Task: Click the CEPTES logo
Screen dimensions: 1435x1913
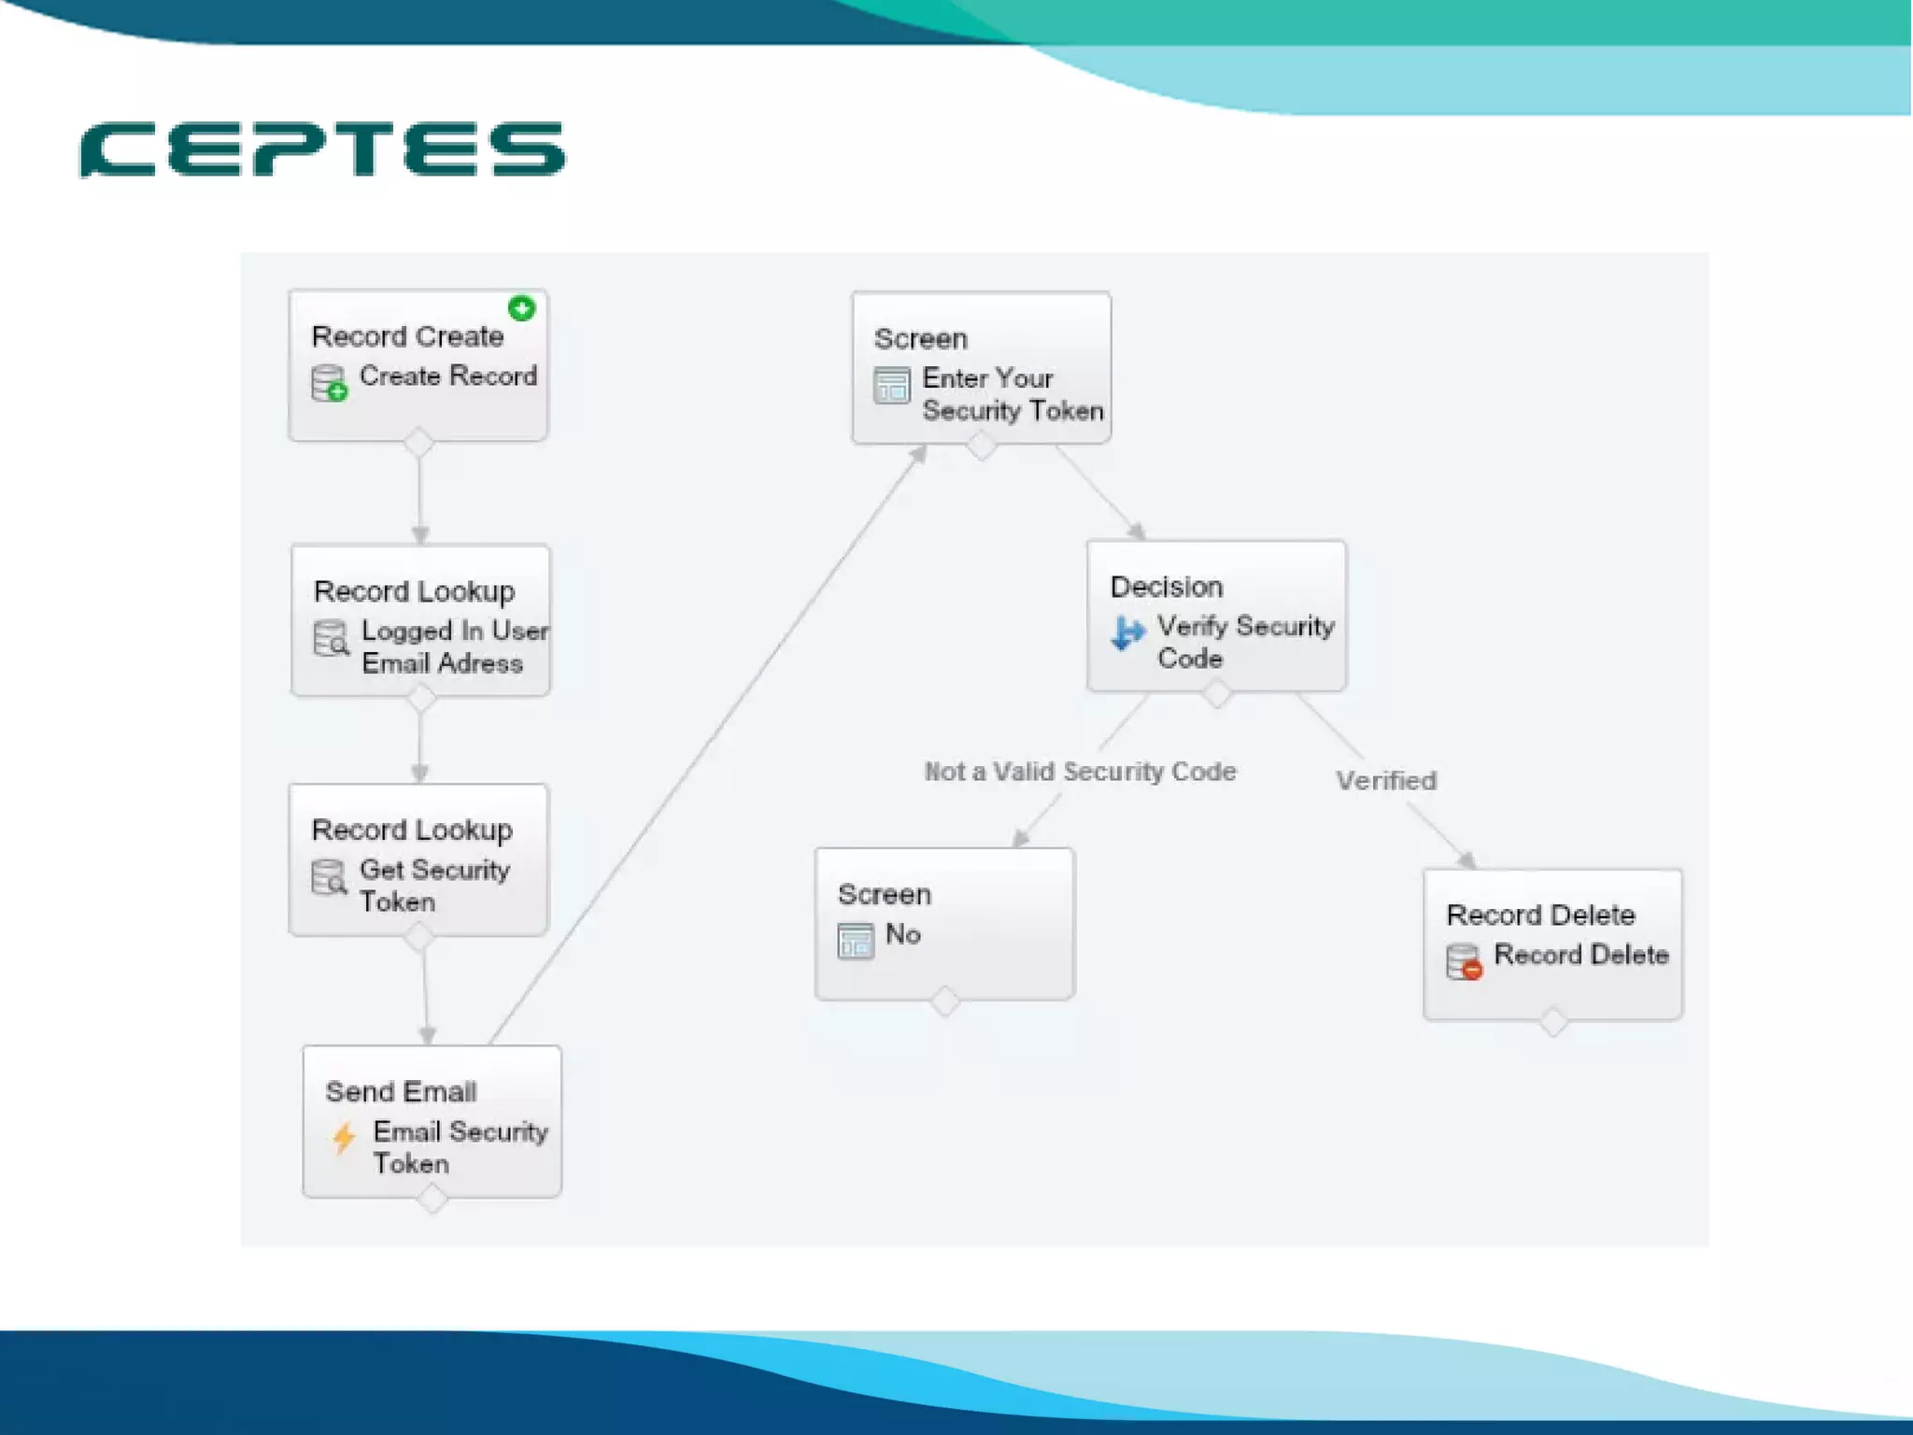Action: click(x=322, y=149)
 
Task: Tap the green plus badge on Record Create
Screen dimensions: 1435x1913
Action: click(x=521, y=307)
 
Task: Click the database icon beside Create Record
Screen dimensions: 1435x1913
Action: click(x=329, y=383)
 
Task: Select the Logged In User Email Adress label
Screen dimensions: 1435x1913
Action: click(x=454, y=646)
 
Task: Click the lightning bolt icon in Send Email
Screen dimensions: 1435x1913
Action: click(x=344, y=1138)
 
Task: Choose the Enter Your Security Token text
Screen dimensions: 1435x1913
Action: click(x=1012, y=394)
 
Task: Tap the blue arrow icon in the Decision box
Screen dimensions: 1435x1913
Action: click(x=1127, y=633)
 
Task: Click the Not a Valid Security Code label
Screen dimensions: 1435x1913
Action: click(x=1080, y=772)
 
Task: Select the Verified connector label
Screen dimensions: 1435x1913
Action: click(x=1386, y=781)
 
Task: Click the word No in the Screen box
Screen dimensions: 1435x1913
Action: click(x=902, y=934)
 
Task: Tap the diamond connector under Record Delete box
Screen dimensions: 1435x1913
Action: click(x=1553, y=1021)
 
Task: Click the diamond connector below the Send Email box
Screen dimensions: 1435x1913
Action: click(x=432, y=1198)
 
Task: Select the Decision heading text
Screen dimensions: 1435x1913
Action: click(x=1166, y=587)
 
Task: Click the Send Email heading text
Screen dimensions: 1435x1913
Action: click(x=401, y=1091)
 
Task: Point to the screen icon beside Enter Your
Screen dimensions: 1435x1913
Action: click(x=891, y=385)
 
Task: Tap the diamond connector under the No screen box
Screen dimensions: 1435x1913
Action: click(x=945, y=1002)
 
